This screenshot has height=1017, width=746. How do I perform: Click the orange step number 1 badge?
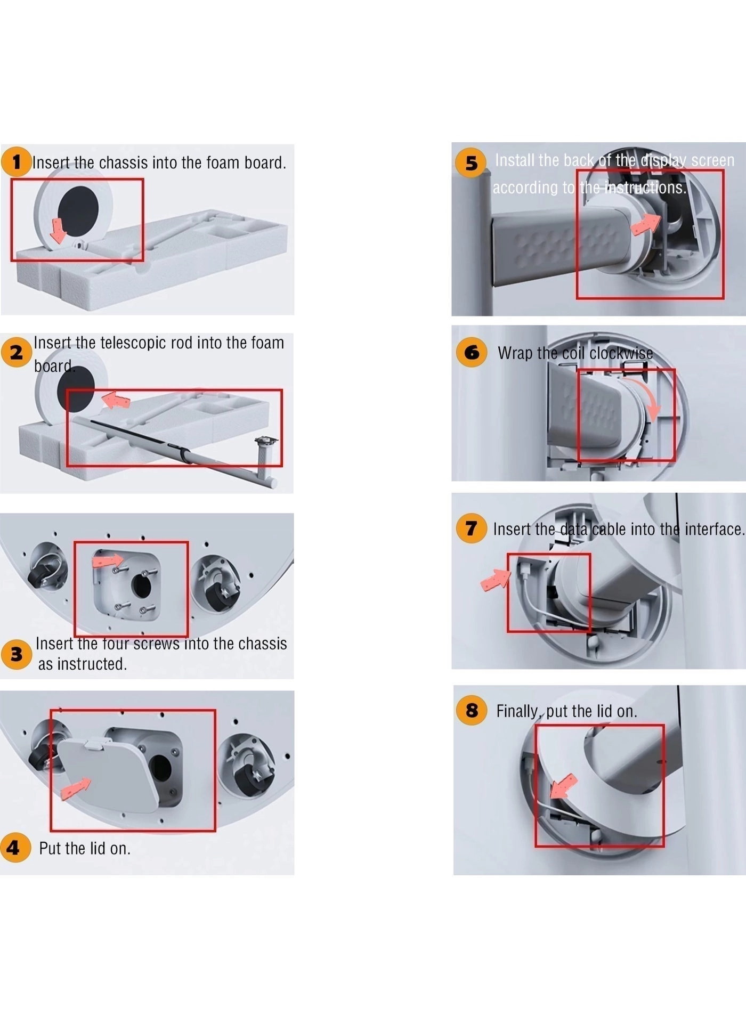click(x=16, y=162)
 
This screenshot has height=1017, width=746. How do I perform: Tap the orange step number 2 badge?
click(x=16, y=352)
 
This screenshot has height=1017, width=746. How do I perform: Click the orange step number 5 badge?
click(x=471, y=163)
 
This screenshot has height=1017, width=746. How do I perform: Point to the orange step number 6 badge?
click(x=472, y=352)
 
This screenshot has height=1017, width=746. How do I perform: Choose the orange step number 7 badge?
click(x=471, y=528)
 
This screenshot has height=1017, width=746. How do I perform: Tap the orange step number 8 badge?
click(x=472, y=710)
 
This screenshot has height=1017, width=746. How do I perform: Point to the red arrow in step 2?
click(x=116, y=400)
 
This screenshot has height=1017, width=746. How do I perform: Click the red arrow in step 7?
click(x=495, y=579)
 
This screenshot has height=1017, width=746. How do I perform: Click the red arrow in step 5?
click(x=646, y=224)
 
